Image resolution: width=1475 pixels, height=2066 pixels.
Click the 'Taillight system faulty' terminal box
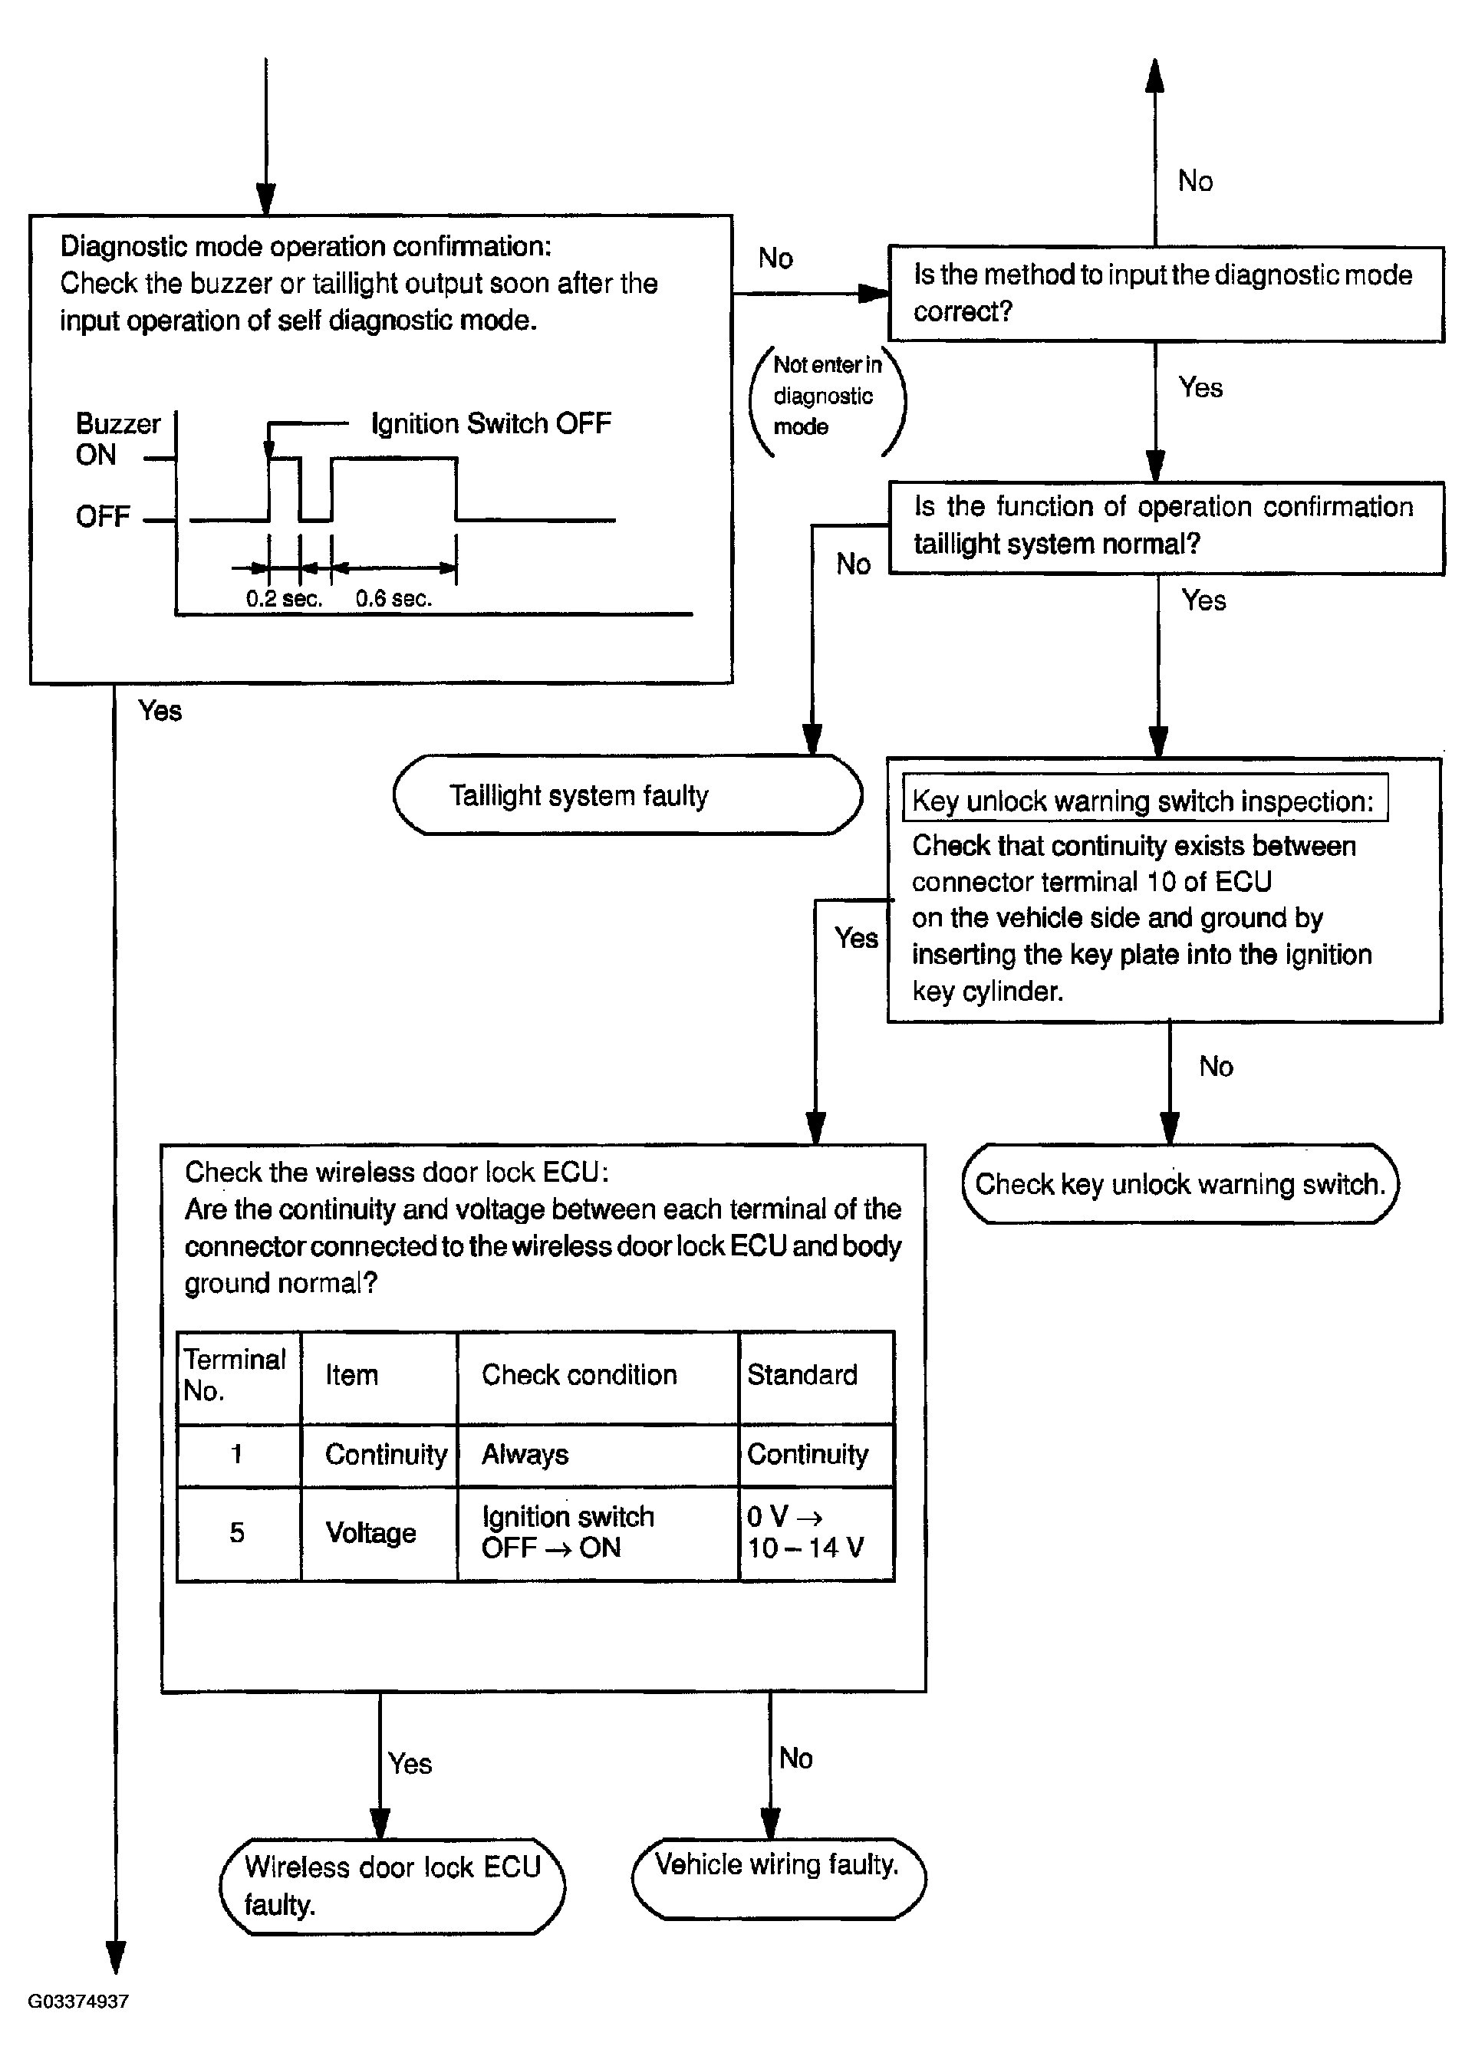627,794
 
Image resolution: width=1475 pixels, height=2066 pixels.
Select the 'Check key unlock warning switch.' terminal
1180,1183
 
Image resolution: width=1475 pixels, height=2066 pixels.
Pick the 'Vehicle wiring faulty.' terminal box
779,1879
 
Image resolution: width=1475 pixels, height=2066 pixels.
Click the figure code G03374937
78,2002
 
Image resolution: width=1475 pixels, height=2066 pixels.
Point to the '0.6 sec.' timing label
393,598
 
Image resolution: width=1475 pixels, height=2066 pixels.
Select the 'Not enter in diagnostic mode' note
828,396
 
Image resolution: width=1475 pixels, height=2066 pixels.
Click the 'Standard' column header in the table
802,1375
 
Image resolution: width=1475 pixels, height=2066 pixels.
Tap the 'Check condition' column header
579,1375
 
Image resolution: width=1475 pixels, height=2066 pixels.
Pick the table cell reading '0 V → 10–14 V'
805,1532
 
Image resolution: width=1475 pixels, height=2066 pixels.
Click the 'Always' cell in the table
525,1455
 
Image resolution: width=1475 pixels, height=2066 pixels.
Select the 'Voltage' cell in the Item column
370,1533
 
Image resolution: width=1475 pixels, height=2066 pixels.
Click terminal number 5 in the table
237,1533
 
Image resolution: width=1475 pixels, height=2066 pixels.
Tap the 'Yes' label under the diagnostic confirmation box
160,710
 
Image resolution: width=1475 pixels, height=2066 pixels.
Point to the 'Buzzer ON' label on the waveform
118,439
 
